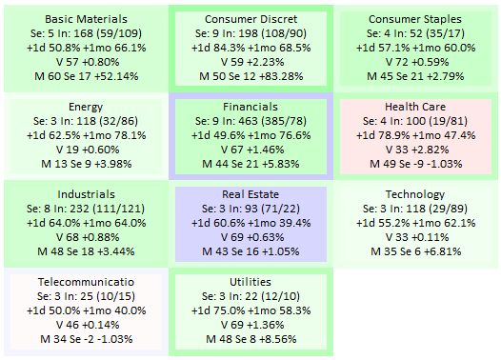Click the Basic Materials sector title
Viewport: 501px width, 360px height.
[86, 19]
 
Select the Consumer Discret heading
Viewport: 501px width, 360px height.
[250, 19]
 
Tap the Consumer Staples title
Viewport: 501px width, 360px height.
[415, 19]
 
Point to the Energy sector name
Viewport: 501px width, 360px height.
[86, 107]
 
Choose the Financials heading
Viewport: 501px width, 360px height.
[250, 107]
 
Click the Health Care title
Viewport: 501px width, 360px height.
[415, 107]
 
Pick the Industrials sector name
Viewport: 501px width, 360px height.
[86, 194]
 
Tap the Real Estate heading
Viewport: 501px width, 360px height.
[250, 194]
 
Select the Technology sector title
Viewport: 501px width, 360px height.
[415, 194]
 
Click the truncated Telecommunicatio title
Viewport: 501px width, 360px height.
[86, 282]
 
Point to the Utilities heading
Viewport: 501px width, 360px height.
[250, 282]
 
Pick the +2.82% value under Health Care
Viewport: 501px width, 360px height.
[431, 150]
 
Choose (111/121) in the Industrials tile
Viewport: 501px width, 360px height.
[119, 209]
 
